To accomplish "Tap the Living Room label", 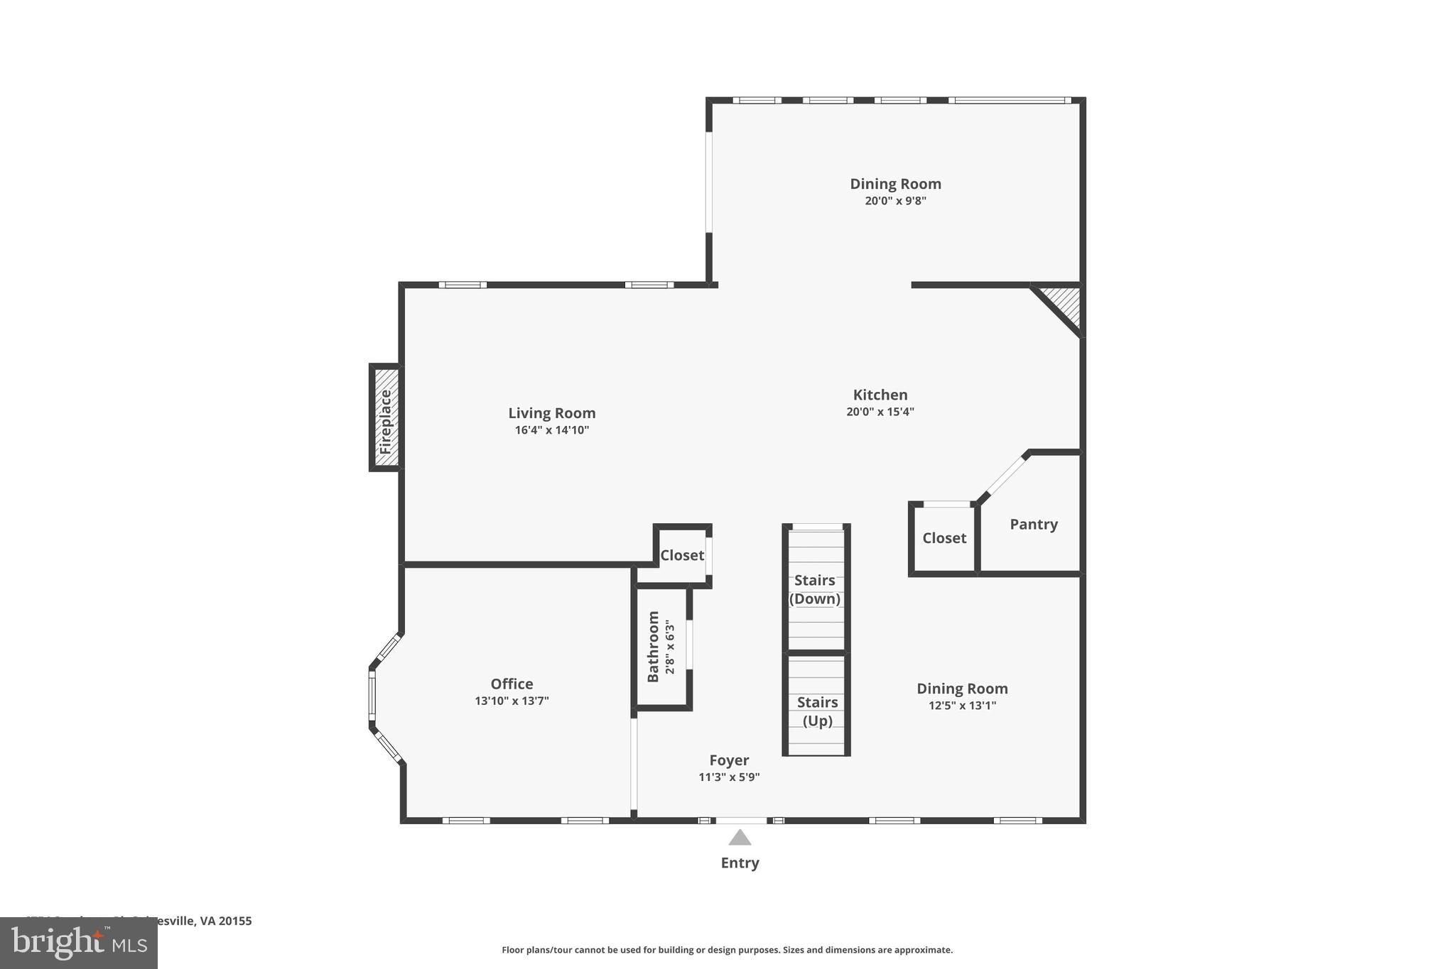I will click(551, 413).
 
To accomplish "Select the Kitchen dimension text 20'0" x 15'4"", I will click(880, 412).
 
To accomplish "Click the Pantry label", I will click(1033, 525).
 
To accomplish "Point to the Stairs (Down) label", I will click(815, 589).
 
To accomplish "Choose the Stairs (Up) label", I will click(817, 711).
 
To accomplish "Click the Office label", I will click(512, 684).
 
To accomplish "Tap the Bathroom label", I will click(653, 646).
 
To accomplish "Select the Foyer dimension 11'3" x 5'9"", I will click(729, 777).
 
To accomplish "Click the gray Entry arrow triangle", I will click(740, 838).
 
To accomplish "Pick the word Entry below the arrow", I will click(740, 863).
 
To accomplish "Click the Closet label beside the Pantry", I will click(944, 538).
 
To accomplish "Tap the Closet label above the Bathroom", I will click(681, 555).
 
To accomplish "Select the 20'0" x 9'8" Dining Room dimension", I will click(895, 201).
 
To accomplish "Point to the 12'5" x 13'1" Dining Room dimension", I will click(962, 706).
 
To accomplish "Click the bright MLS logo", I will click(79, 943).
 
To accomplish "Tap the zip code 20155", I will click(235, 921).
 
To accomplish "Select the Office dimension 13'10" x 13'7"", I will click(512, 701).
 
